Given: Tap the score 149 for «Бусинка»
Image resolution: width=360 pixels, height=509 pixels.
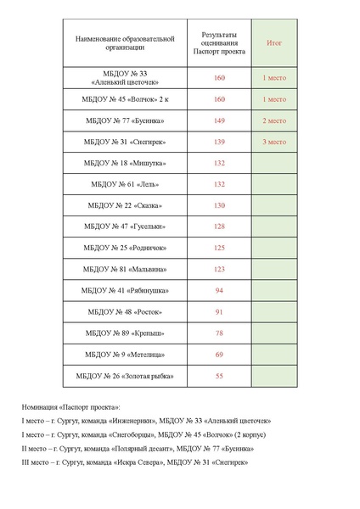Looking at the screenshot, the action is point(219,120).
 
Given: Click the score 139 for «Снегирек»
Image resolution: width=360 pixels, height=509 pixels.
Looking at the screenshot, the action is point(219,142).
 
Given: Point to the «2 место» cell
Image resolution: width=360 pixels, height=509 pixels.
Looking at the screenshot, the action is point(274,120).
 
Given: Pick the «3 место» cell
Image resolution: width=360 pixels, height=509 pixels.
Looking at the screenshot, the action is point(274,142).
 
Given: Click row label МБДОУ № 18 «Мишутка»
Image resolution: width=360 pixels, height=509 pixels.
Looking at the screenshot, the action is point(124,163).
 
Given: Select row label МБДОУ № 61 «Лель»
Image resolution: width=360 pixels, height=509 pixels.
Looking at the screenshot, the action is point(124,184).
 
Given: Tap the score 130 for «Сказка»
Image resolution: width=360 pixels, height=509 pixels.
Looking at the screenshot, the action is point(219,205).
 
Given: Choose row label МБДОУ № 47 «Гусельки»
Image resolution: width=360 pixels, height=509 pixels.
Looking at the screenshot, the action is point(124,227).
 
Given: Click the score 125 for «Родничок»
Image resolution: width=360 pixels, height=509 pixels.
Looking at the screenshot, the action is point(219,248).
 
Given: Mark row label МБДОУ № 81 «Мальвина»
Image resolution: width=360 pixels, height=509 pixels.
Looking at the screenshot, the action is point(124,269).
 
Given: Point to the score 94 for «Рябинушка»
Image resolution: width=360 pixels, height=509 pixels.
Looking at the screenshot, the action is point(219,290).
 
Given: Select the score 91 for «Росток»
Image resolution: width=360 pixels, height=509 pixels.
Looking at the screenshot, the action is point(219,311).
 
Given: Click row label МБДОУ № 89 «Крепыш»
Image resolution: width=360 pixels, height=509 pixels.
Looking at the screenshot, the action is point(124,333).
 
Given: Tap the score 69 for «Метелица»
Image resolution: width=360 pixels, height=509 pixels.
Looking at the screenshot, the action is point(219,354).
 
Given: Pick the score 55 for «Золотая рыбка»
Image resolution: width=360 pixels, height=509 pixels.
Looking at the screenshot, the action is point(219,375).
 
